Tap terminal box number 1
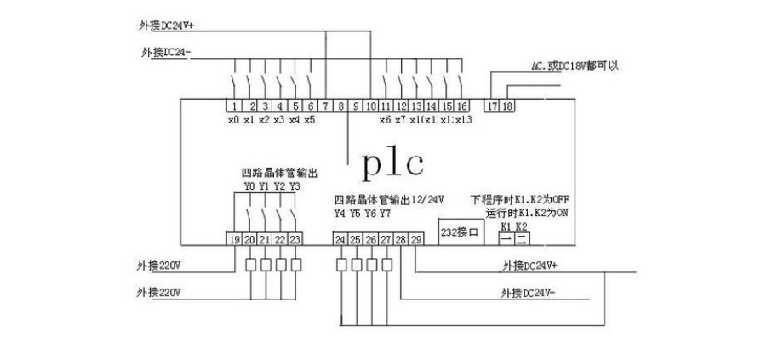[233, 106]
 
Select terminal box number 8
[340, 106]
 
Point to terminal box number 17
[492, 106]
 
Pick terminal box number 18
[507, 106]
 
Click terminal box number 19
[234, 240]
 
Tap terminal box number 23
[295, 240]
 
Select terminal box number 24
[340, 240]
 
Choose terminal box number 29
[416, 240]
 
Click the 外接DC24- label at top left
[166, 52]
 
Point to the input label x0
[233, 121]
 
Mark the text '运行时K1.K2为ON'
[524, 213]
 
